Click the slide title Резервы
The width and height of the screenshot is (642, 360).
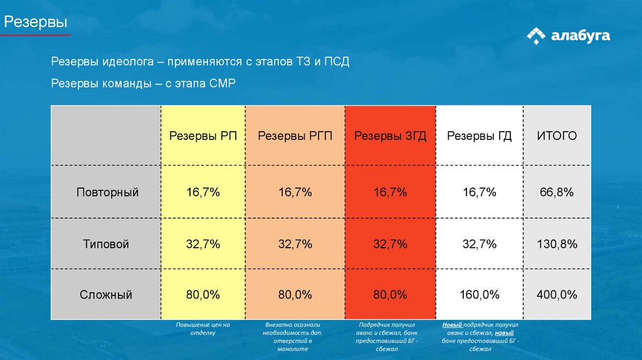(36, 23)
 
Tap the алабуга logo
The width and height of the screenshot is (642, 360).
(568, 36)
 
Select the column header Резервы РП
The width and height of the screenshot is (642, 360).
(203, 136)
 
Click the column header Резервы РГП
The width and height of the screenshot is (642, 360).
(295, 136)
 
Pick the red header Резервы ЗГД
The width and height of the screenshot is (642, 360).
(390, 136)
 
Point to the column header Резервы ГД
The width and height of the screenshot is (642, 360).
(480, 136)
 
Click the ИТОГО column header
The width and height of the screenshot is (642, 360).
(556, 136)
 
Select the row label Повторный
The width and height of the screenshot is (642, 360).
(107, 193)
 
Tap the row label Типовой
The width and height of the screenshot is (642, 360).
(107, 244)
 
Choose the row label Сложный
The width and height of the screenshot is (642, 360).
(107, 295)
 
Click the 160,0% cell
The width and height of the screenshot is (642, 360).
(480, 295)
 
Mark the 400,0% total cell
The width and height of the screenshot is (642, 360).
(557, 295)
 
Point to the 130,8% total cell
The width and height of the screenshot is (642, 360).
(557, 244)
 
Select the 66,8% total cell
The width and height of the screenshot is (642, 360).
(557, 193)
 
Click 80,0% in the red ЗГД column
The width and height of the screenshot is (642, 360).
(390, 295)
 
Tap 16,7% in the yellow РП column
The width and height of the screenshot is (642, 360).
(203, 193)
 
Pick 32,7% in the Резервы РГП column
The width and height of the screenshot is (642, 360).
(295, 244)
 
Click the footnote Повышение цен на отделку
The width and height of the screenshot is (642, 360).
(203, 329)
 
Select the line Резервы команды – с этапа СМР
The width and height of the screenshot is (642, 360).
(143, 83)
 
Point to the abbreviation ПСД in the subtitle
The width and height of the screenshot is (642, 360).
(336, 63)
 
